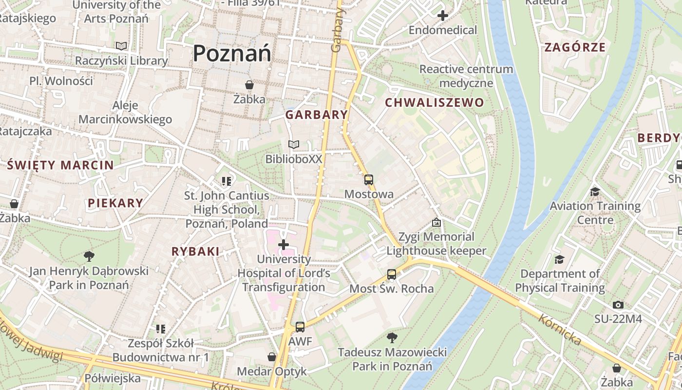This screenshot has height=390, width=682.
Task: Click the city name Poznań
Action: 232,53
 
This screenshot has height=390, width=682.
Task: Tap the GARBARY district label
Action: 317,115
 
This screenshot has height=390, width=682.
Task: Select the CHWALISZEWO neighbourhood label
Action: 435,102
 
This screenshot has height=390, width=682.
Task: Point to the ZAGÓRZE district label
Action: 575,47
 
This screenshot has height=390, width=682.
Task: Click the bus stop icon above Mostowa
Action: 369,180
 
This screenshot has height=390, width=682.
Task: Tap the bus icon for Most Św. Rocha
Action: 392,274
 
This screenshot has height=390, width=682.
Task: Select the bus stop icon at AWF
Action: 300,327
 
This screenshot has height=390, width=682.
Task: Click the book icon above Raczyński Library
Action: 121,46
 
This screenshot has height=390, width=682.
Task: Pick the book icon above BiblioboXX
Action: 293,145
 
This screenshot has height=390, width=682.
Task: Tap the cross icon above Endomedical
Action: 442,16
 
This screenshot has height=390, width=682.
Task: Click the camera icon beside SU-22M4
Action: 618,305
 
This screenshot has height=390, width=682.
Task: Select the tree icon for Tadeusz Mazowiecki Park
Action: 392,337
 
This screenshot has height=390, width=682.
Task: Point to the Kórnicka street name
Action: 560,330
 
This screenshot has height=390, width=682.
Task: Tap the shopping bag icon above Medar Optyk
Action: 272,357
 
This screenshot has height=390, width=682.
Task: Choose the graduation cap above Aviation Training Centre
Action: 595,192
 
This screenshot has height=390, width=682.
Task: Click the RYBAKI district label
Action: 195,252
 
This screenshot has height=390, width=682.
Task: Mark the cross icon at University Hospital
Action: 284,244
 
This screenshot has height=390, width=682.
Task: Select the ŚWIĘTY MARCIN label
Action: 60,165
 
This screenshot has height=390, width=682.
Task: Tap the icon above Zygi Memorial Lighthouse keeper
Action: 436,222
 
